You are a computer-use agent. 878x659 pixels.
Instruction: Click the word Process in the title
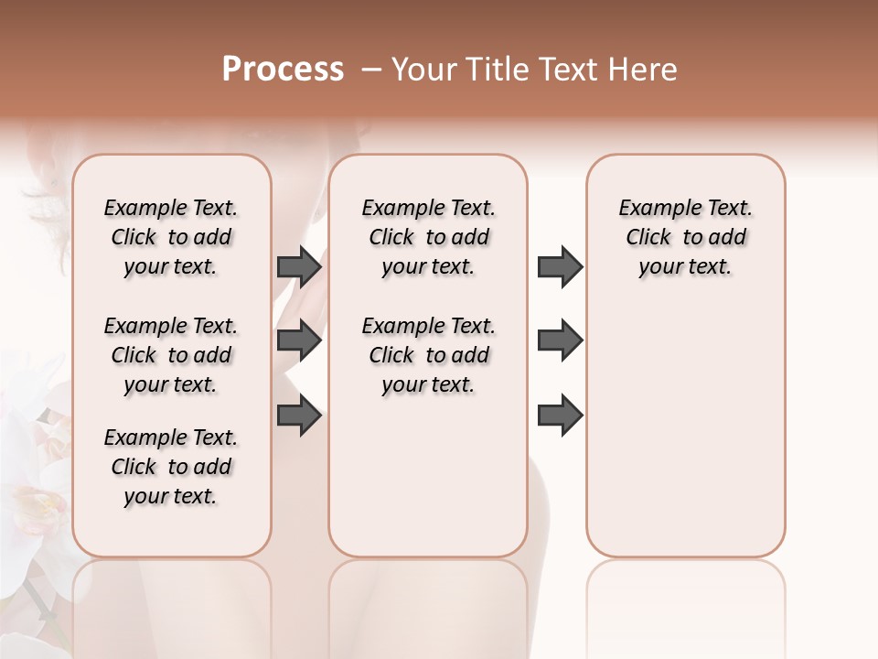[x=283, y=70]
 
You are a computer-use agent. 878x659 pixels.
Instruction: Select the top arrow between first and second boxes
[x=299, y=266]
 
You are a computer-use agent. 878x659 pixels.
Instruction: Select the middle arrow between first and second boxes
[x=299, y=340]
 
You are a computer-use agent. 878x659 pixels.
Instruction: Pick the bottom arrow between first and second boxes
[x=299, y=416]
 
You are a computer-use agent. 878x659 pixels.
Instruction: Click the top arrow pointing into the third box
[x=560, y=266]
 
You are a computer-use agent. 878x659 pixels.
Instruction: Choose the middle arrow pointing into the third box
[x=560, y=340]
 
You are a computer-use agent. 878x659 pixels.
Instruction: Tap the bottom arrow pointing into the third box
[x=560, y=416]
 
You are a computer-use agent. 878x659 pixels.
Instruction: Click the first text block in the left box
[x=171, y=237]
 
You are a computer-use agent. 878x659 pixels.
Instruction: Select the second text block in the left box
[x=171, y=355]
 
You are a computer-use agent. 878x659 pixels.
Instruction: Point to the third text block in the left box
[x=171, y=467]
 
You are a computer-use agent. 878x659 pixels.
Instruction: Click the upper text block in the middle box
[x=428, y=237]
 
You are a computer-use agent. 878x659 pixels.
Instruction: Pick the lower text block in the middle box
[x=428, y=355]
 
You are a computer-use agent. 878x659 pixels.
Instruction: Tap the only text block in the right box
[x=685, y=237]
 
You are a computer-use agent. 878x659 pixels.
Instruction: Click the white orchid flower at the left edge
[x=32, y=476]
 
